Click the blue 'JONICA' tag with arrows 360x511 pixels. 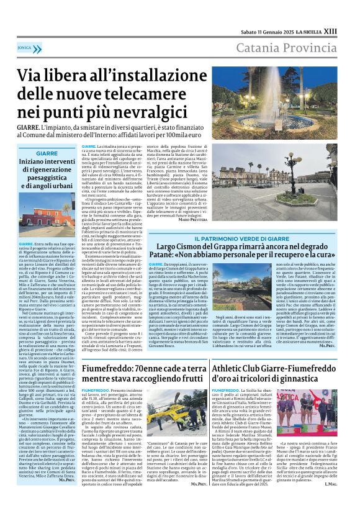pos(25,47)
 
